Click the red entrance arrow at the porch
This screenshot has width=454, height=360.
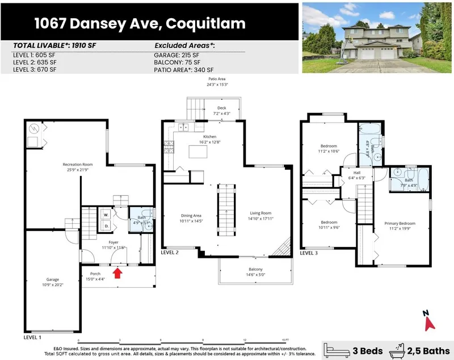[x=117, y=274]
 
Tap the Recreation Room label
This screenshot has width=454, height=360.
[x=77, y=168]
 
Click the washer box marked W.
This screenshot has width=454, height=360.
[x=105, y=215]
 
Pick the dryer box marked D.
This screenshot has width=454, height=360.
[x=105, y=226]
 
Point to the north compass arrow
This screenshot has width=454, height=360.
[x=429, y=322]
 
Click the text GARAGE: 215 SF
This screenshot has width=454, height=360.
[x=178, y=54]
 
